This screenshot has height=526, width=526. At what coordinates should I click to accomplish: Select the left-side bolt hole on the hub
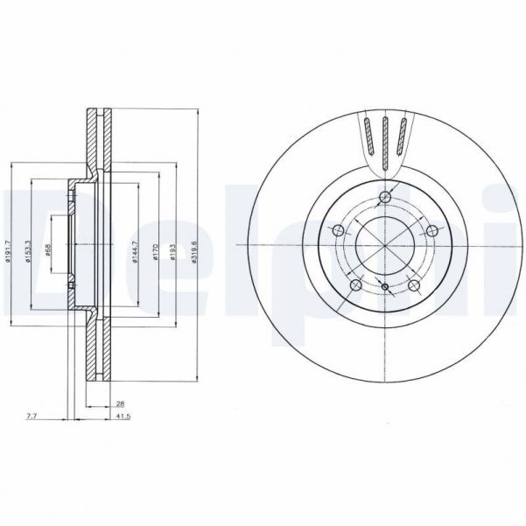pyautogui.click(x=335, y=231)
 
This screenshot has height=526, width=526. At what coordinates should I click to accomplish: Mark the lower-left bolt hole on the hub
pyautogui.click(x=354, y=285)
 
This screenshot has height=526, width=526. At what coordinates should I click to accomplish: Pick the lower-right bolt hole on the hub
pyautogui.click(x=415, y=285)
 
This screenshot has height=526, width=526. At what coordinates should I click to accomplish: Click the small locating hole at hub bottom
pyautogui.click(x=385, y=286)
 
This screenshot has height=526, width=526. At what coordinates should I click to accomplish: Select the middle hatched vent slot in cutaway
pyautogui.click(x=384, y=140)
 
